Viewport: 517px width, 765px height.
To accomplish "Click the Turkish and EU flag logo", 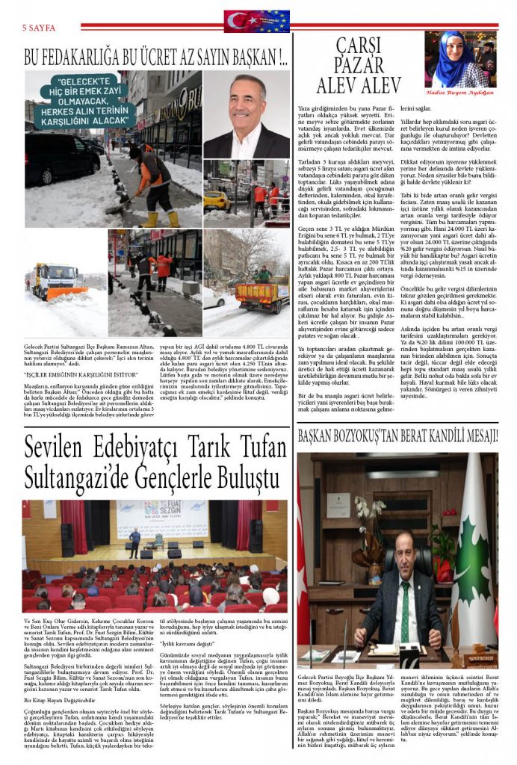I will click(256, 20).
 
